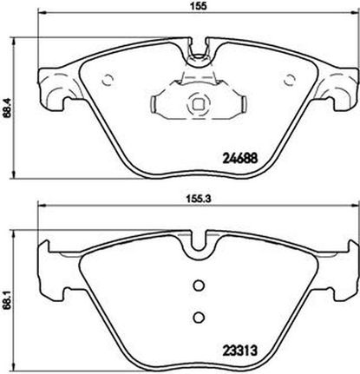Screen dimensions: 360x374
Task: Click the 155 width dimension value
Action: tap(200, 6)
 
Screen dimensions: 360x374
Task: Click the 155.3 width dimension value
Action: tap(200, 199)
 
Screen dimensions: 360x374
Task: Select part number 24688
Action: tap(239, 158)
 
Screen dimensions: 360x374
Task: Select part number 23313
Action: tap(239, 351)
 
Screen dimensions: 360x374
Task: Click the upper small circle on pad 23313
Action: tap(199, 285)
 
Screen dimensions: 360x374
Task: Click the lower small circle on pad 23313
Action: tap(199, 318)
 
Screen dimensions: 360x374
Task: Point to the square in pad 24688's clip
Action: tap(198, 104)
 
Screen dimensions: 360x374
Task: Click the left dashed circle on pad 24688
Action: tap(108, 80)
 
